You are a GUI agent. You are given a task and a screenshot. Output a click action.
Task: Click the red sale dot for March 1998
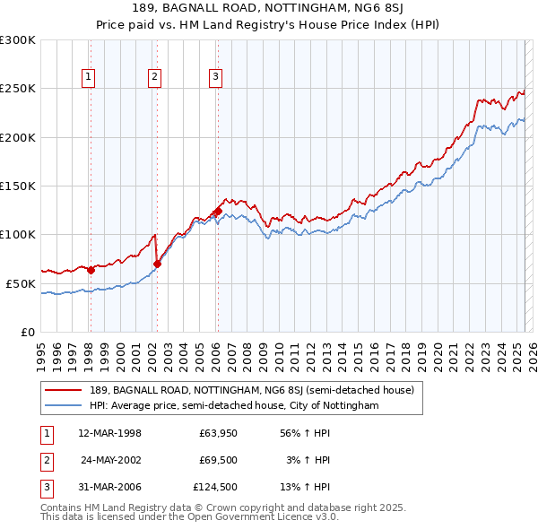pos(91,269)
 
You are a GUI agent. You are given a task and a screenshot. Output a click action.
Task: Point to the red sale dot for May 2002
pos(157,264)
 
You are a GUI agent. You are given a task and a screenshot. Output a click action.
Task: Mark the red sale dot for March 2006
pos(218,212)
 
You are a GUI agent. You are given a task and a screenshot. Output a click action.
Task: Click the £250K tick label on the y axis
pos(18,89)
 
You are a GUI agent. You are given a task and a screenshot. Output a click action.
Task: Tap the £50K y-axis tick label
pos(21,283)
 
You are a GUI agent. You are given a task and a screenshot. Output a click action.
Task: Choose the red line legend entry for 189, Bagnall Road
pos(251,390)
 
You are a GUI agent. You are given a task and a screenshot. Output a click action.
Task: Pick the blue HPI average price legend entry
pos(234,406)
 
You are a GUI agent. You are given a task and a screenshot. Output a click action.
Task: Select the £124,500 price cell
pos(215,487)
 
